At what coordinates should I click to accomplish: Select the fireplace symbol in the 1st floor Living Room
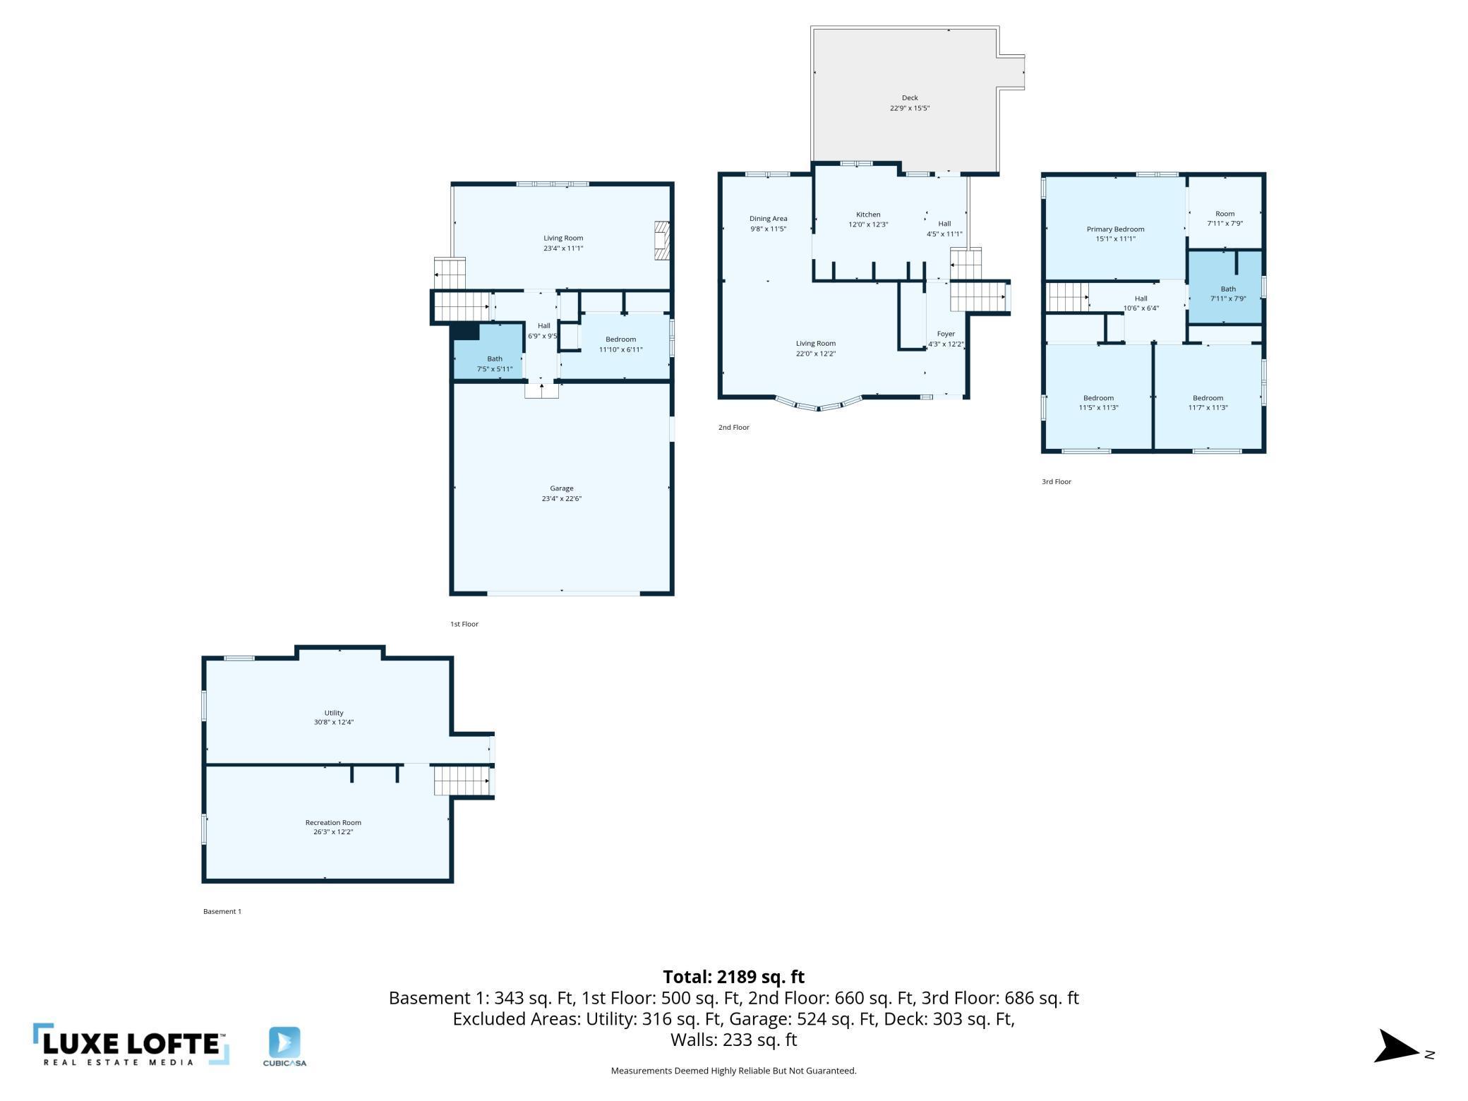coord(661,241)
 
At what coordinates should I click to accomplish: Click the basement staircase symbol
coord(462,781)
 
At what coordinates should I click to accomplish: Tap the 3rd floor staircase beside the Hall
coord(1067,297)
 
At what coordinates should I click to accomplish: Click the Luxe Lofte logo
coord(131,1045)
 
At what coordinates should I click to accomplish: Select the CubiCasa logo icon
coord(284,1042)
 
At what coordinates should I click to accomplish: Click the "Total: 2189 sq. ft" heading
coord(734,977)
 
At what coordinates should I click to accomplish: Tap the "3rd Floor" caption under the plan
coord(1057,481)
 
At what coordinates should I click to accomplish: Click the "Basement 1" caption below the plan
coord(222,911)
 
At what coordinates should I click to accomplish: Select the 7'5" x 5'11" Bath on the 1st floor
coord(488,351)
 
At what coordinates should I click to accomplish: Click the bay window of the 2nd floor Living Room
coord(819,404)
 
